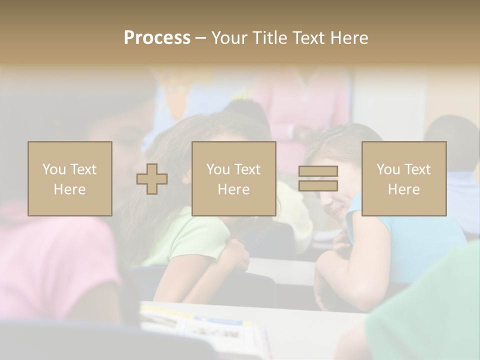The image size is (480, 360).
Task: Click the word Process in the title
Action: (157, 38)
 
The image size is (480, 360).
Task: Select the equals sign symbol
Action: (318, 178)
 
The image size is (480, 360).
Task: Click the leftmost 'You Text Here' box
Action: (70, 178)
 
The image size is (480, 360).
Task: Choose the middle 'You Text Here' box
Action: (234, 178)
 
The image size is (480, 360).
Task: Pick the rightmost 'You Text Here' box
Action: (404, 178)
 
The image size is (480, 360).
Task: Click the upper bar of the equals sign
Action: (318, 171)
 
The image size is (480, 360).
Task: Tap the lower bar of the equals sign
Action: (318, 186)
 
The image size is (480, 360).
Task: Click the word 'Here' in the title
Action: (348, 38)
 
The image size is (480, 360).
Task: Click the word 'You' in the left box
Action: (53, 169)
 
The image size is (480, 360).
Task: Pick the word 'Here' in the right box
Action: (404, 189)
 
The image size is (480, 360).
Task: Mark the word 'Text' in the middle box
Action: (248, 169)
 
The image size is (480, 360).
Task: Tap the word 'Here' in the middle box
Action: (234, 189)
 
